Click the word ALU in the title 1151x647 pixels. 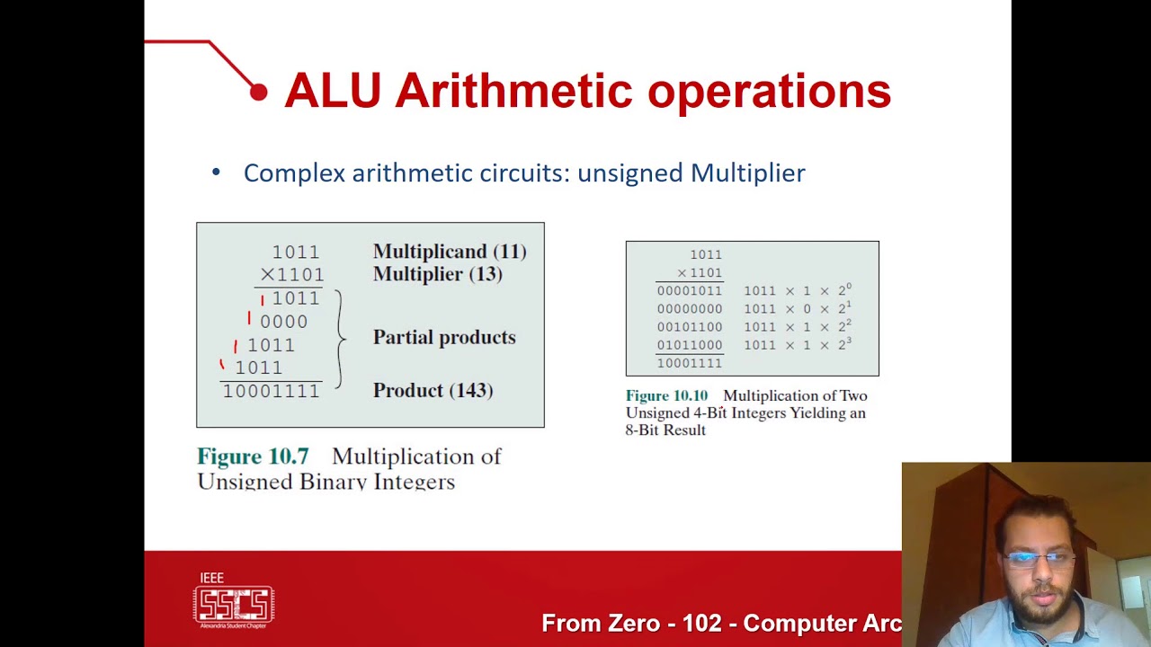332,91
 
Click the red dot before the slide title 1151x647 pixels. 259,92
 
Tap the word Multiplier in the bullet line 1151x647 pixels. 747,173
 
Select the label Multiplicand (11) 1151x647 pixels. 450,252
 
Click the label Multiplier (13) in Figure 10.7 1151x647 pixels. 437,274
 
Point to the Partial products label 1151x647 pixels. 444,337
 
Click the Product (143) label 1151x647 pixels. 433,390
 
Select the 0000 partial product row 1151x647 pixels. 283,322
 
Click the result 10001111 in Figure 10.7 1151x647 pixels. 271,391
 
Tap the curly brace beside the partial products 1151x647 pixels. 340,339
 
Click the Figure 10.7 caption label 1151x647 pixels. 253,456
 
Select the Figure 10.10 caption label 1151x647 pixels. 666,395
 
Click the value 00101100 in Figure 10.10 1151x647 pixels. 689,327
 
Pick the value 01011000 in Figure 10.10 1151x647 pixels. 689,345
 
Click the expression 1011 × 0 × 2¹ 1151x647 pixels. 797,309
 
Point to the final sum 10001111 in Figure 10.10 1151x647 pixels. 689,363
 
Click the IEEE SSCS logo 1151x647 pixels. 234,600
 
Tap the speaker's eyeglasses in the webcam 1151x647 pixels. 1037,559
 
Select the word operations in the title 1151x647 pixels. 769,91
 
